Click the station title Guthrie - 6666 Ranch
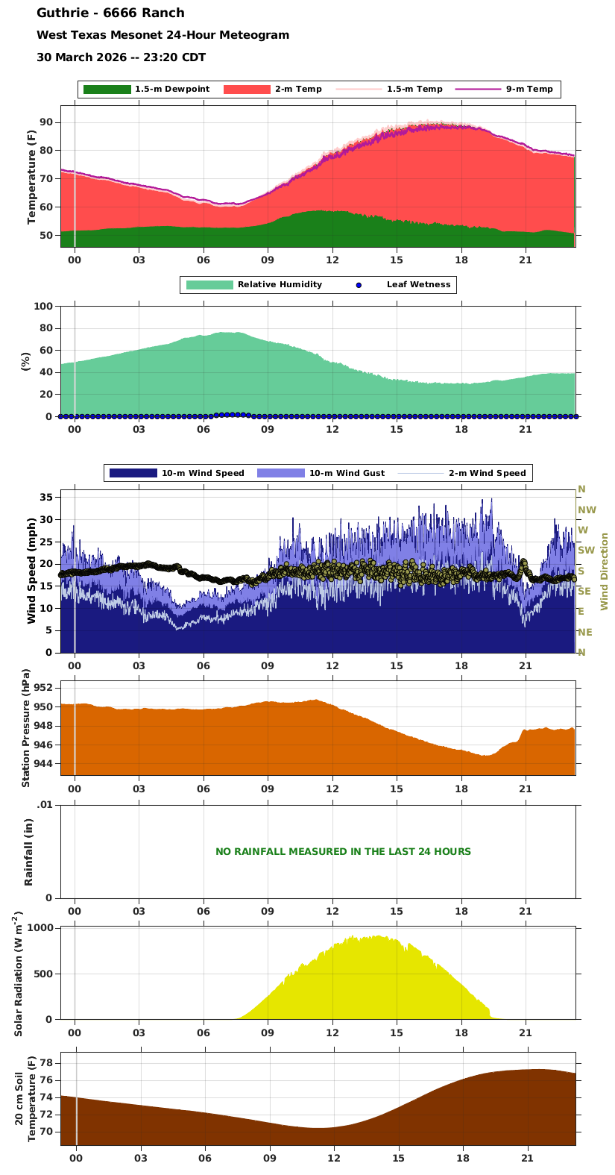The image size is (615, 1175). [x=110, y=13]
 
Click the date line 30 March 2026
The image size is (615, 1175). [x=121, y=57]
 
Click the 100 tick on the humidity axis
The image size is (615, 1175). [x=43, y=307]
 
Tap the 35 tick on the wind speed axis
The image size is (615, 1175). [x=46, y=497]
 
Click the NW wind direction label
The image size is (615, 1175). [x=587, y=510]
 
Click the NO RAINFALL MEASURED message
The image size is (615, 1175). [x=343, y=851]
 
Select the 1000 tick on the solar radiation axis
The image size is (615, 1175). [x=41, y=928]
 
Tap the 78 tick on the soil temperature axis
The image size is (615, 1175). [x=46, y=1062]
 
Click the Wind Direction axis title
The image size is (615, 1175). [x=605, y=571]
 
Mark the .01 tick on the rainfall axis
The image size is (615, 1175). [x=45, y=804]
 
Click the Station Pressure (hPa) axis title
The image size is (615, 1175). [x=26, y=727]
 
